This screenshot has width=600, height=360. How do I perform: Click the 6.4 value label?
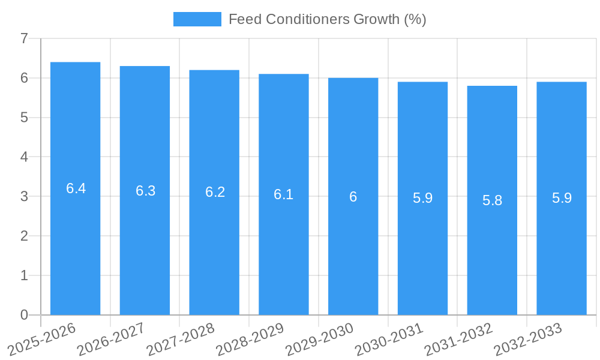[76, 188]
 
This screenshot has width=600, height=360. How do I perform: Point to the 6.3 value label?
[145, 191]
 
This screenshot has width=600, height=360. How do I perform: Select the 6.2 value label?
[215, 192]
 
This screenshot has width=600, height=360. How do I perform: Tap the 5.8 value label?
[492, 200]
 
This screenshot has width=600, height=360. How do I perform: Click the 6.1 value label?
[284, 194]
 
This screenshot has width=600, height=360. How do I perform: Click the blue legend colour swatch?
[197, 19]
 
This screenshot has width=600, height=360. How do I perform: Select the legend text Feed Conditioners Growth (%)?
[327, 19]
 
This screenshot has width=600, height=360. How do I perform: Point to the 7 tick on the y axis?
[24, 38]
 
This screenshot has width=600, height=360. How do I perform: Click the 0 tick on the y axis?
[24, 315]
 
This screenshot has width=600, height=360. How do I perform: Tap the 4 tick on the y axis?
[24, 157]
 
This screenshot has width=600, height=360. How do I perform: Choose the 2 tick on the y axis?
[24, 236]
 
